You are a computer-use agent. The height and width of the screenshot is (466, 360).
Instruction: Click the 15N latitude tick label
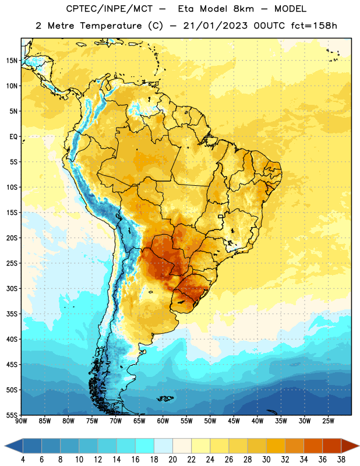(12, 61)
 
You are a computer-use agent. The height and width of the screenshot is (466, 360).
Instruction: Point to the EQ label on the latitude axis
(13, 137)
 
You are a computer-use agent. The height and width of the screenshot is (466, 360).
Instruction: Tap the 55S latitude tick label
(12, 415)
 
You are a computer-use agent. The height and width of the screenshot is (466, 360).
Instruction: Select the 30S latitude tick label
(12, 288)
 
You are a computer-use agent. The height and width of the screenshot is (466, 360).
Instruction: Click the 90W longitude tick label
(22, 421)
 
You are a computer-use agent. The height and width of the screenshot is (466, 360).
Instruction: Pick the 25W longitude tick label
(328, 421)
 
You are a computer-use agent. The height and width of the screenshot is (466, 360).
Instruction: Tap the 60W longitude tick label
(163, 421)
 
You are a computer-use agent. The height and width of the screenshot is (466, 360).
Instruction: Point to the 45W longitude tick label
(234, 421)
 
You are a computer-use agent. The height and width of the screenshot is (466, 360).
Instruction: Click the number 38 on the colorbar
(341, 460)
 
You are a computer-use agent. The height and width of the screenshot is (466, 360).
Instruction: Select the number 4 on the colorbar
(23, 460)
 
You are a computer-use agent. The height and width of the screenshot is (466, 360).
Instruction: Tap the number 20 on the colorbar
(172, 460)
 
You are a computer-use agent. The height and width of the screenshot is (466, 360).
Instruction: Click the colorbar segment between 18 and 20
(164, 446)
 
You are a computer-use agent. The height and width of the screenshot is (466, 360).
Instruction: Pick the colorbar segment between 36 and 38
(332, 446)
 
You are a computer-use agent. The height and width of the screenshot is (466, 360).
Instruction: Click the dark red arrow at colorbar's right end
(350, 446)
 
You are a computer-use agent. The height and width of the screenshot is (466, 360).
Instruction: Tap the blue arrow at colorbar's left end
(14, 446)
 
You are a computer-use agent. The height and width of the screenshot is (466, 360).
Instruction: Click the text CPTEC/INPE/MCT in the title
(109, 9)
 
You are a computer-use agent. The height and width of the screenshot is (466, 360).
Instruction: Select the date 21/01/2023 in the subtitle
(215, 26)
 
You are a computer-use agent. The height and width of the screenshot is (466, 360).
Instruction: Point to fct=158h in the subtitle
(314, 26)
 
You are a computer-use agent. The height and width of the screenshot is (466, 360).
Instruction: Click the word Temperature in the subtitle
(111, 26)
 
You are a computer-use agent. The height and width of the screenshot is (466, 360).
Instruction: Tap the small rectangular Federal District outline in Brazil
(221, 216)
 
